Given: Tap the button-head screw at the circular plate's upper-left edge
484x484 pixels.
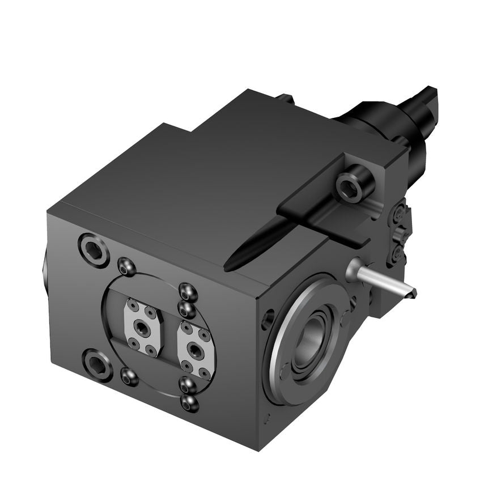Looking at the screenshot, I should click(126, 266).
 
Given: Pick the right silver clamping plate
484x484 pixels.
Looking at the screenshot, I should click(197, 350).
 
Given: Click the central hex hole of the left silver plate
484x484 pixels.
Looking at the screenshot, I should click(141, 327).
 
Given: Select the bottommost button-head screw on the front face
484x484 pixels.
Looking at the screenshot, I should click(190, 404).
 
